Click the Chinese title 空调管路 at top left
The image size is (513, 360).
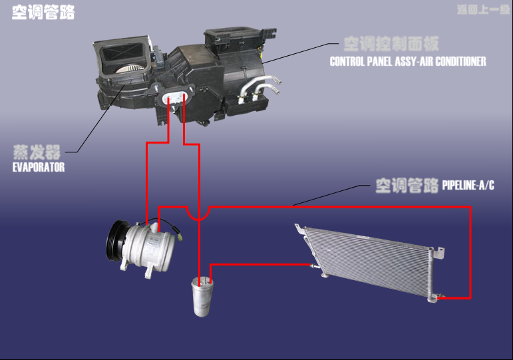point(43,13)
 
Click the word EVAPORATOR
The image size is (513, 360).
point(39,168)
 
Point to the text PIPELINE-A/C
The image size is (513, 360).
point(468,185)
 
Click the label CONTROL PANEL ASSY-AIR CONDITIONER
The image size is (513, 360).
point(408,62)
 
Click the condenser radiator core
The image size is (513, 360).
point(370,263)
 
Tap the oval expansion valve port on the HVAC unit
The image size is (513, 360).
point(176,98)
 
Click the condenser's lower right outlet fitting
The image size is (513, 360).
point(439,296)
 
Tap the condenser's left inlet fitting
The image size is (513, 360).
point(309,265)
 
